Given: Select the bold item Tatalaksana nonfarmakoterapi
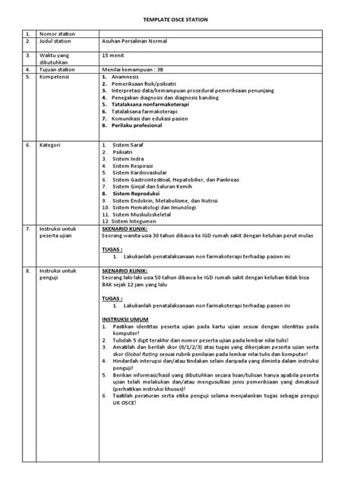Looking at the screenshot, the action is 149,103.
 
